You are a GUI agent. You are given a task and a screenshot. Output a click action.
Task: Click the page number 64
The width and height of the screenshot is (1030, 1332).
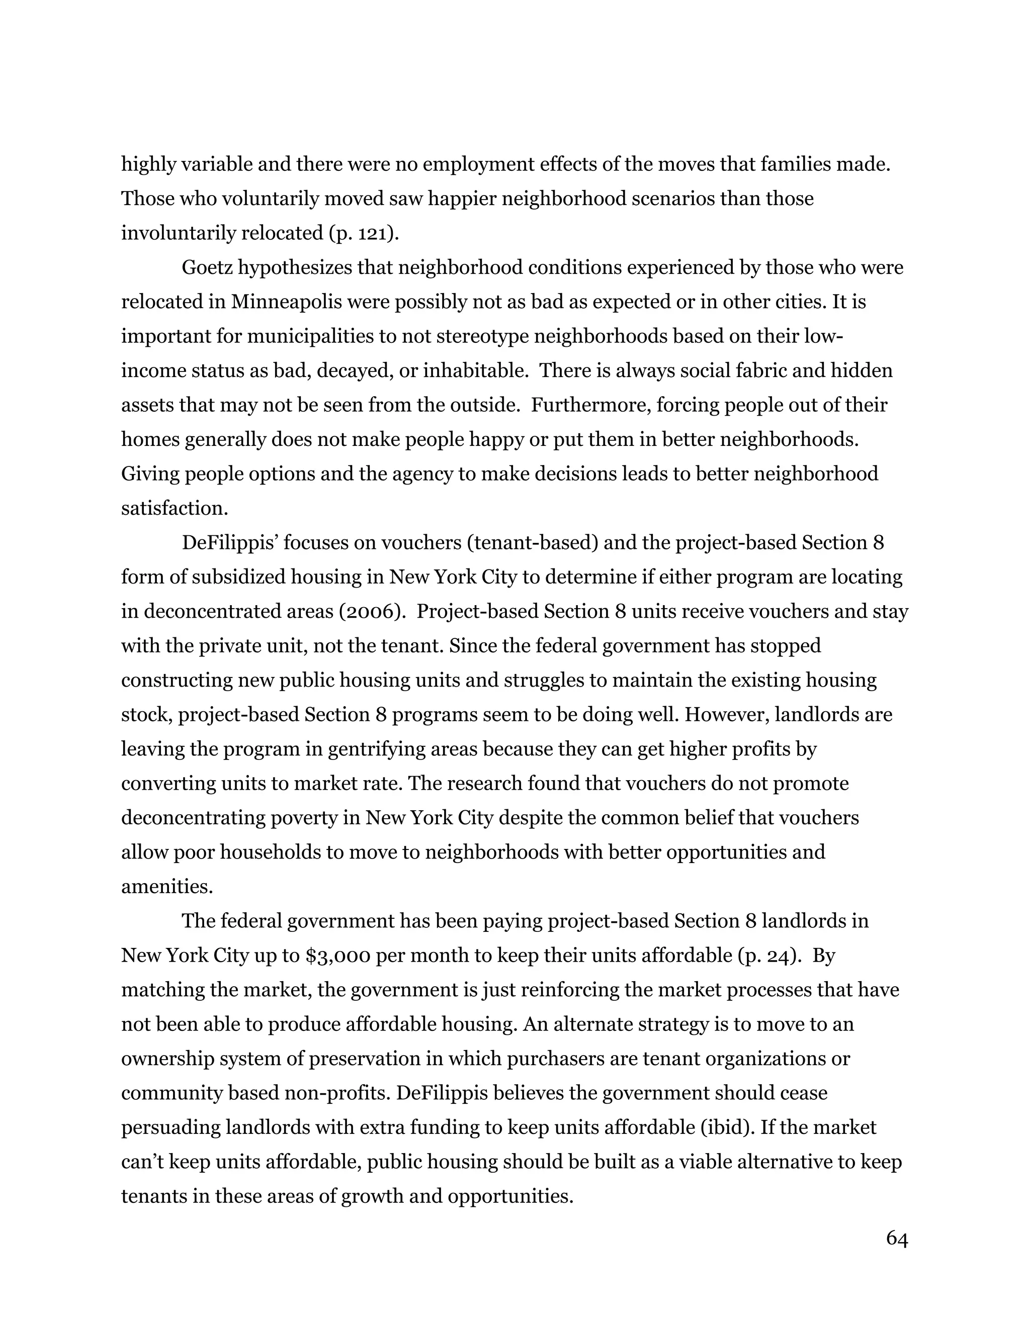click(x=896, y=1239)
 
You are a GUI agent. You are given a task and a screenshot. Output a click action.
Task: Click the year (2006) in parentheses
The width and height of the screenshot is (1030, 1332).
click(x=373, y=612)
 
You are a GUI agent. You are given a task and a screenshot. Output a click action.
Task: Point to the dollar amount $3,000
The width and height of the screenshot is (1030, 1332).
click(x=337, y=955)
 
